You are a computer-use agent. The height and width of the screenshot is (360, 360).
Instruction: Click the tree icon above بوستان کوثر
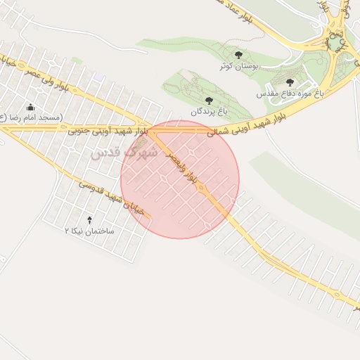pyautogui.click(x=238, y=55)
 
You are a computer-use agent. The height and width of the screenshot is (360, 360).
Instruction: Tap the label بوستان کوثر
pyautogui.click(x=240, y=65)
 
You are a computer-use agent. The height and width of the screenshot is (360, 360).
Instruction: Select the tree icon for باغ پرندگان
pyautogui.click(x=209, y=101)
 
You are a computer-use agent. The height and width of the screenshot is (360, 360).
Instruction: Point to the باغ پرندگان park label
pyautogui.click(x=209, y=111)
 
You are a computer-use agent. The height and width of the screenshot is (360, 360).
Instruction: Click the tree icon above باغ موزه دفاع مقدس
pyautogui.click(x=290, y=82)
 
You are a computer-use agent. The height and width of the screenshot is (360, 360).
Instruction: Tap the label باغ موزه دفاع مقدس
pyautogui.click(x=289, y=93)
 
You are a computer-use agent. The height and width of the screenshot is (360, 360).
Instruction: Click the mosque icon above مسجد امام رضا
pyautogui.click(x=31, y=108)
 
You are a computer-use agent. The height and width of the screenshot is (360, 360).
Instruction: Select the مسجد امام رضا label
pyautogui.click(x=31, y=117)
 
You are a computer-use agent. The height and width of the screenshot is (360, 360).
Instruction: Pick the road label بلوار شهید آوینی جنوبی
pyautogui.click(x=108, y=131)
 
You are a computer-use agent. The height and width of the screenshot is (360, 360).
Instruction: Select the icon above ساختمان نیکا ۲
pyautogui.click(x=89, y=220)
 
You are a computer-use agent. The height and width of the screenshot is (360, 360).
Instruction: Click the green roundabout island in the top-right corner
pyautogui.click(x=336, y=42)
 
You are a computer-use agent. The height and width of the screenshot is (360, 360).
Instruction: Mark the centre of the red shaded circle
pyautogui.click(x=180, y=180)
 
